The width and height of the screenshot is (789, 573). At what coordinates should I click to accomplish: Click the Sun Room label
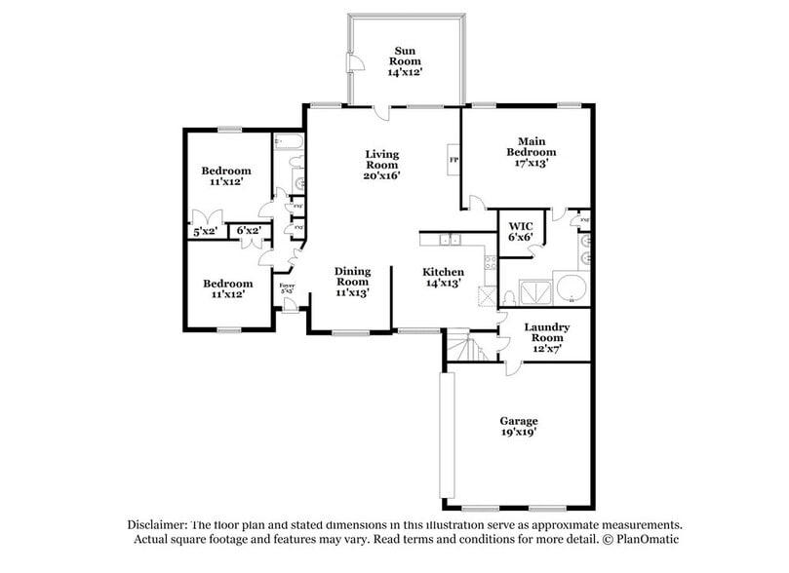[x=407, y=60]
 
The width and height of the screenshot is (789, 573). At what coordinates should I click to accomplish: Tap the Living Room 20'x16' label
[x=381, y=165]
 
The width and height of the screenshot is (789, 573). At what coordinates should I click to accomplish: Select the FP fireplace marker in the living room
[x=454, y=160]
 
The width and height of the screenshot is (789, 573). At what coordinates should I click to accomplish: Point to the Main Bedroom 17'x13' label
[x=531, y=152]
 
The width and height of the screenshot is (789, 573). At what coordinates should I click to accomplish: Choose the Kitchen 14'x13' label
[x=443, y=278]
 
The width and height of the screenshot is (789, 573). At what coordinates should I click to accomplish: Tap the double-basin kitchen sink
[x=450, y=239]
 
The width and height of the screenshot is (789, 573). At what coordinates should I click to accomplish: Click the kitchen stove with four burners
[x=490, y=261]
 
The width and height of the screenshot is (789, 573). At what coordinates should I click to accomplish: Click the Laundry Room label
[x=546, y=336]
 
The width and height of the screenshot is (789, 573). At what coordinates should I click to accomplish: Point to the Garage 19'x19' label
[x=518, y=427]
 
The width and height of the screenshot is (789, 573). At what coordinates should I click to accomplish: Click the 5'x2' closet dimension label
[x=205, y=231]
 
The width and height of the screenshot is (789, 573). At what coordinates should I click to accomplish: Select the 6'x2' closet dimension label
[x=249, y=231]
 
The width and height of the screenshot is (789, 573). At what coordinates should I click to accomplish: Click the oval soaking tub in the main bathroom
[x=570, y=290]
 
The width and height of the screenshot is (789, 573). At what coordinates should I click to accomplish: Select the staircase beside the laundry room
[x=467, y=347]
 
